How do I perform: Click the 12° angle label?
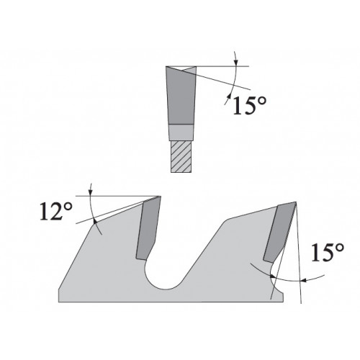[56, 212]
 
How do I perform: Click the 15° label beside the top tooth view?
[250, 105]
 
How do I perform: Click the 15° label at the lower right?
[328, 252]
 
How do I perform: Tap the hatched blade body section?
[181, 156]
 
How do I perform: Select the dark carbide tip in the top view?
[181, 96]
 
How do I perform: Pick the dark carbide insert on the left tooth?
[148, 228]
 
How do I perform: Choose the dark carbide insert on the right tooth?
[279, 232]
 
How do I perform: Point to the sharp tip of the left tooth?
[161, 196]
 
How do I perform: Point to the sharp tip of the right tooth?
[296, 202]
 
